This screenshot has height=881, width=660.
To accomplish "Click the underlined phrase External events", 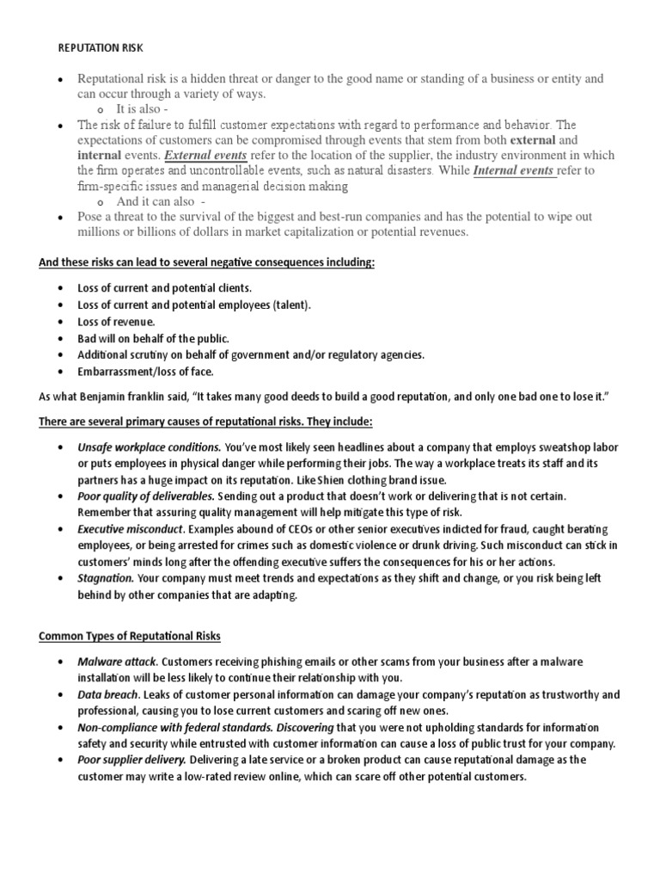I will [205, 156].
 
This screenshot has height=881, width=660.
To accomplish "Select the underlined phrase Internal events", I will [513, 170].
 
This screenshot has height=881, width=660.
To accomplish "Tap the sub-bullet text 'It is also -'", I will [148, 110].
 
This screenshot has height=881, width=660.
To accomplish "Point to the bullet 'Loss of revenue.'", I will [116, 321].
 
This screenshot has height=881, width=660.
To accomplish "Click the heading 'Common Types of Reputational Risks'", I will [130, 636].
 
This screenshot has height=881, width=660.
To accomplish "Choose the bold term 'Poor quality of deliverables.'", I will [146, 496].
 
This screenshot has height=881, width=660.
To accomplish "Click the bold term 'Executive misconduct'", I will [130, 529].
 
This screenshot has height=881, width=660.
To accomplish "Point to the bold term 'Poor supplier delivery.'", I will [131, 760].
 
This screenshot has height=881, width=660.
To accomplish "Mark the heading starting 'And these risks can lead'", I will [207, 262].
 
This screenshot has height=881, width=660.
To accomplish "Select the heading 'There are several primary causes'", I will [205, 421].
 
